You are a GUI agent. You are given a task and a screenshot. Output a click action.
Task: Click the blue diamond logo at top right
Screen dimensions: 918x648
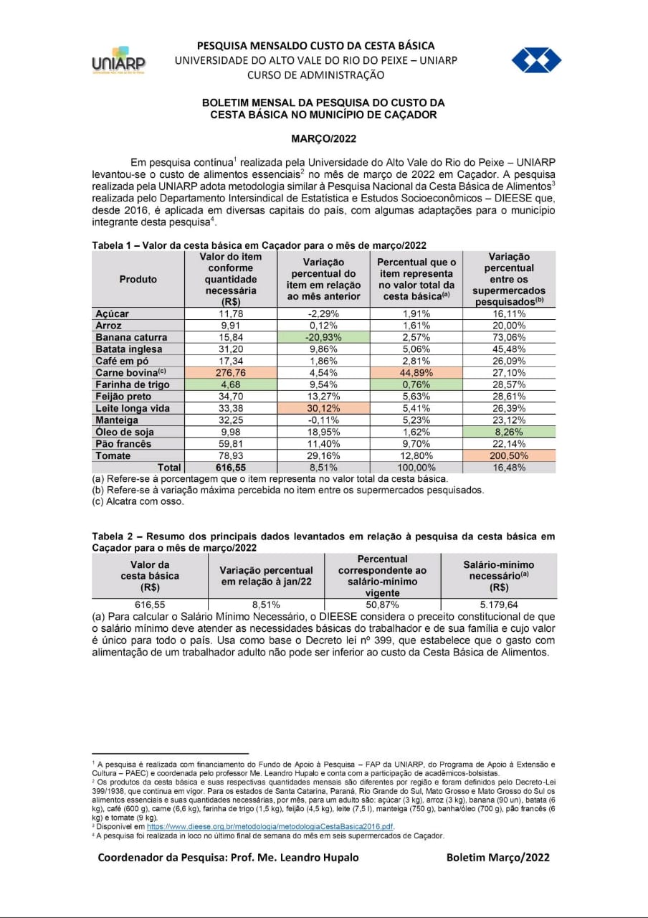(535, 61)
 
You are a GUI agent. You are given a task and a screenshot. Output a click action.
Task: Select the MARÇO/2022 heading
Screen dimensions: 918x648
(324, 138)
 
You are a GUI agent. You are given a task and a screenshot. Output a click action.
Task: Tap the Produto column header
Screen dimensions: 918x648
(138, 279)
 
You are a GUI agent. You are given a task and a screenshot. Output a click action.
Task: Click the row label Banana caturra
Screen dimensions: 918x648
(131, 337)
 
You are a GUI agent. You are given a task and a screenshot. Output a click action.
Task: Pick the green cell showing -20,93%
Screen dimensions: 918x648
(323, 337)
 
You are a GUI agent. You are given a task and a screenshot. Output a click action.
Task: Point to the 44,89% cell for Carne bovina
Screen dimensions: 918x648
(416, 373)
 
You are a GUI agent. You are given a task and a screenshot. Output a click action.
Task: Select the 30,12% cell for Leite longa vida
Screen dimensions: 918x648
(323, 408)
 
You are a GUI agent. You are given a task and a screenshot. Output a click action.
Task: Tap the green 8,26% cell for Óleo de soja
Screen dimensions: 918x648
(509, 432)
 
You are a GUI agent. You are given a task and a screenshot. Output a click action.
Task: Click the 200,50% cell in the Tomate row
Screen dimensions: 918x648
(509, 455)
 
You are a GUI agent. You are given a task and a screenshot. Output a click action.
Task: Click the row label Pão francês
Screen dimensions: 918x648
(124, 444)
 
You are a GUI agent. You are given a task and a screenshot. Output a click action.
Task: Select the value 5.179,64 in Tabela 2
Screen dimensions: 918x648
(498, 605)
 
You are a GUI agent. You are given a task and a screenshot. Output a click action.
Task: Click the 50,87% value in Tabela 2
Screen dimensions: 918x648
(382, 605)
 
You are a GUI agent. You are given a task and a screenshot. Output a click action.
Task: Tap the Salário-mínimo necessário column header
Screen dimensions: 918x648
(498, 576)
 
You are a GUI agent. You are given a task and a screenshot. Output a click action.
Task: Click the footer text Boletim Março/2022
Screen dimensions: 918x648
(498, 857)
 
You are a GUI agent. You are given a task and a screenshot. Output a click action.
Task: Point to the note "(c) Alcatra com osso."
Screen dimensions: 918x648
(138, 501)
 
